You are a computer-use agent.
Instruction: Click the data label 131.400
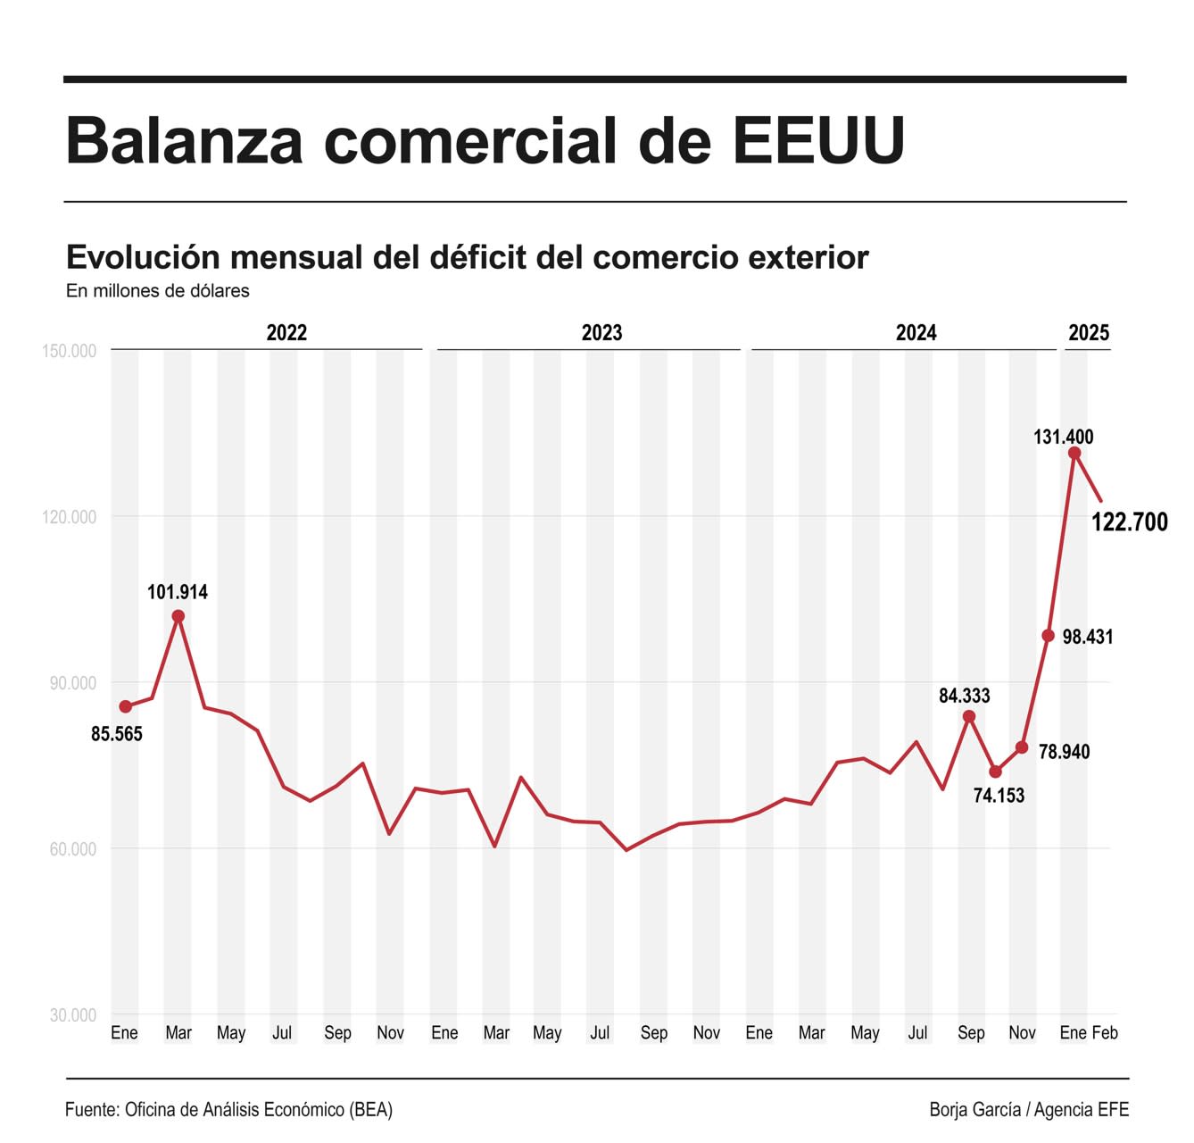click(x=1063, y=437)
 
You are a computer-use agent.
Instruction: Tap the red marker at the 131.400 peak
click(x=1074, y=454)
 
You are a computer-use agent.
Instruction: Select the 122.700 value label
click(x=1129, y=522)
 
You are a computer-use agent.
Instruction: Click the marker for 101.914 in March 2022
click(x=178, y=616)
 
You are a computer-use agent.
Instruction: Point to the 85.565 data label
click(x=117, y=734)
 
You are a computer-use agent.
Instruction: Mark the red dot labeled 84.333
click(x=969, y=716)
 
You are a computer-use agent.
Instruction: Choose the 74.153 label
click(x=999, y=796)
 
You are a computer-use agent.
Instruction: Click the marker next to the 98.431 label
click(x=1049, y=636)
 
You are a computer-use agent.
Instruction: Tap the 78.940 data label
click(x=1064, y=752)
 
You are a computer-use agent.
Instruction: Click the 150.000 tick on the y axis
click(x=69, y=351)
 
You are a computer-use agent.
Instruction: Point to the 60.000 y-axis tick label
click(x=72, y=849)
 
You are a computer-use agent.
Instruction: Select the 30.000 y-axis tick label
click(x=72, y=1015)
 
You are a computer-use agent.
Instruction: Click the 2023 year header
click(x=601, y=333)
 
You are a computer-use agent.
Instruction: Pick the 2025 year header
click(x=1089, y=333)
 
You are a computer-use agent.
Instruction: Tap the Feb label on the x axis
click(x=1105, y=1033)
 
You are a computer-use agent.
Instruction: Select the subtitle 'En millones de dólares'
click(x=158, y=291)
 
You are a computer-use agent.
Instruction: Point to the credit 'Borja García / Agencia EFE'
click(x=1029, y=1110)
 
